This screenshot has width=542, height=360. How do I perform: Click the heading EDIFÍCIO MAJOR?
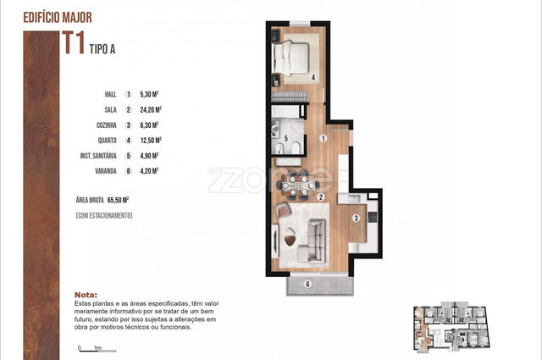[x=58, y=17]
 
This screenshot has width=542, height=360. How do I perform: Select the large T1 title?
[x=74, y=43]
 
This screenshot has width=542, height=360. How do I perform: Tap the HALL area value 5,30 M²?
[x=149, y=94]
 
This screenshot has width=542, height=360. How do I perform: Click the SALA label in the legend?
[x=111, y=109]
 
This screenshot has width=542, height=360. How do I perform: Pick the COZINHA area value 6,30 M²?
[x=149, y=125]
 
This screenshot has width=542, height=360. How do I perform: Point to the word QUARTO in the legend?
[x=108, y=141]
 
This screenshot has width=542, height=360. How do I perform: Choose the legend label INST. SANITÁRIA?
[x=98, y=156]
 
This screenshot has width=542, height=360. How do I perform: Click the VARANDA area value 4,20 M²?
[x=149, y=171]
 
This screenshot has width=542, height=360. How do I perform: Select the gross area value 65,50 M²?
[x=119, y=200]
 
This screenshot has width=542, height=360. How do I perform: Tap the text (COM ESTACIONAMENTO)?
[x=104, y=215]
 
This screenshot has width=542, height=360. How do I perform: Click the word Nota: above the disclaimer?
[x=86, y=295]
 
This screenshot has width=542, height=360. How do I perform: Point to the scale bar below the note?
[x=97, y=351]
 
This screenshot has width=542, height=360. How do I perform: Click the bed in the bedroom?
[x=290, y=58]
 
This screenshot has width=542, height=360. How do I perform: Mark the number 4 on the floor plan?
[x=313, y=78]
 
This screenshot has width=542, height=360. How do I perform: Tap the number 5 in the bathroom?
[x=286, y=139]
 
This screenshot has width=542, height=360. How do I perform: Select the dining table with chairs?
[x=297, y=185]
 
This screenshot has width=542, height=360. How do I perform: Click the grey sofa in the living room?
[x=312, y=241]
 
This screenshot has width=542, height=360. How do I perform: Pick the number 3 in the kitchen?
[x=356, y=219]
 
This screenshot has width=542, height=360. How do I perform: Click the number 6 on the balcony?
[x=307, y=285]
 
